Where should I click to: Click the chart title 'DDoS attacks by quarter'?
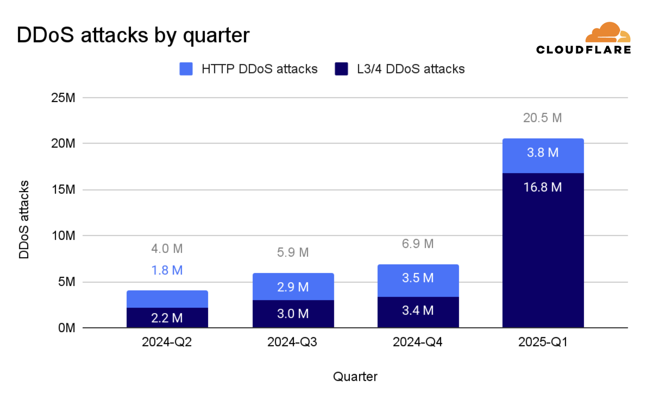[133, 35]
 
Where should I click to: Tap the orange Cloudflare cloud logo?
[607, 33]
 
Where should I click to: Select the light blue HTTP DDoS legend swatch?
[186, 69]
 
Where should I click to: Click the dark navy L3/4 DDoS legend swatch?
[341, 69]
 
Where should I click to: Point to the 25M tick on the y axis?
[63, 98]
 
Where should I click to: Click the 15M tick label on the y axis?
[63, 190]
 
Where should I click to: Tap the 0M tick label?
[66, 328]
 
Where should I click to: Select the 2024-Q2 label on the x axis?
[167, 342]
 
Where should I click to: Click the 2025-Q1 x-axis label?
[542, 342]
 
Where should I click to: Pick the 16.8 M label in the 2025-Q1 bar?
[542, 187]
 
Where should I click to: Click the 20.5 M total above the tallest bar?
[542, 118]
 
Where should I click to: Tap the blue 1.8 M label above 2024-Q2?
[167, 270]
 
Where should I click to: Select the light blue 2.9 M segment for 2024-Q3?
[293, 287]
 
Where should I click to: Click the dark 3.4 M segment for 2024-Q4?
[418, 310]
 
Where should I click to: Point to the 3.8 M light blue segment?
[542, 153]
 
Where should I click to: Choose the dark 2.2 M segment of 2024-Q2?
[167, 318]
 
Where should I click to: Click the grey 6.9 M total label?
[418, 244]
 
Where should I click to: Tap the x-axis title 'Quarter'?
[355, 377]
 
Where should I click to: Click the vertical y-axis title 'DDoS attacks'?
[24, 220]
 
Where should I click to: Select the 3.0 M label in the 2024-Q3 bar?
[293, 314]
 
